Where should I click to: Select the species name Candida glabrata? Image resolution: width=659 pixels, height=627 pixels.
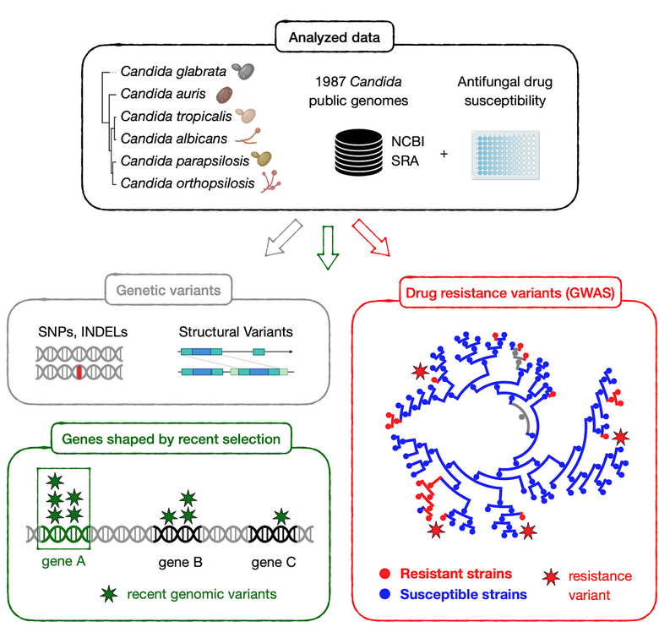pos(173,73)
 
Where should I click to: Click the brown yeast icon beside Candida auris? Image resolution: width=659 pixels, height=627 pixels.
pos(226,94)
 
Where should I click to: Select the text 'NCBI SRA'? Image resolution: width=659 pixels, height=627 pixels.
pos(405,149)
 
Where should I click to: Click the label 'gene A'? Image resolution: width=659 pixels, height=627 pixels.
pos(61,563)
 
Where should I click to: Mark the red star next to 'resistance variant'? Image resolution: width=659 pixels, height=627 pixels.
pos(551,577)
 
